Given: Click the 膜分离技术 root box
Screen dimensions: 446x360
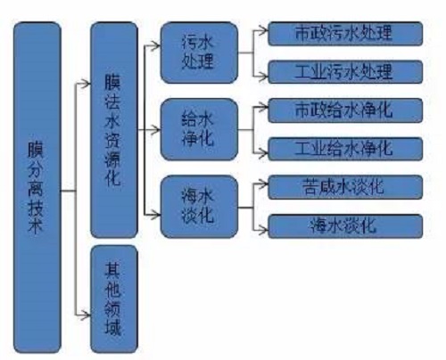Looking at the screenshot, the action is pos(37,188).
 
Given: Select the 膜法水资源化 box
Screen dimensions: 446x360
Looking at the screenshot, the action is pos(114,130).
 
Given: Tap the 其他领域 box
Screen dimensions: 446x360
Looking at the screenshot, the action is pos(114,299).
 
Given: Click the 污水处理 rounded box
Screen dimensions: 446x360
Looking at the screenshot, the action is pos(199,53).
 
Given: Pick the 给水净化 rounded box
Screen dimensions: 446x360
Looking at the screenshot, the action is pos(199,129).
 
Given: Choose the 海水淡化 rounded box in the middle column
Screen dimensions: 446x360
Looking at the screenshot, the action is pos(199,207).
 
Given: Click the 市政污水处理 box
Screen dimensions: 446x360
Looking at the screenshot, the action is pos(345,34).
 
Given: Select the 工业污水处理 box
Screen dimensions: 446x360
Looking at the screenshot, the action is pos(345,72).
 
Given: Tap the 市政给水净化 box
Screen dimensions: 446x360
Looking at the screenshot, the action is pos(345,110).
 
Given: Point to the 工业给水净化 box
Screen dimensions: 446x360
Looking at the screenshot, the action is pos(345,149).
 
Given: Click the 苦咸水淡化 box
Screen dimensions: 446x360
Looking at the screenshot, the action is pos(345,187).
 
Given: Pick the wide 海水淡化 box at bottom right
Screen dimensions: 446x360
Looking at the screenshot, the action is pos(345,226).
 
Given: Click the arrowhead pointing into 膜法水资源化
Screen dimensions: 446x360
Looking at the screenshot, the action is pos(86,84).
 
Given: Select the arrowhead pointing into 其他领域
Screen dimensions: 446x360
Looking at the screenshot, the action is pos(86,315).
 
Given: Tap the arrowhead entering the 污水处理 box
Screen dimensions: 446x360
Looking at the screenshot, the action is pos(156,46).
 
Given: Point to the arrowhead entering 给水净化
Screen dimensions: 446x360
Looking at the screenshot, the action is pos(156,130).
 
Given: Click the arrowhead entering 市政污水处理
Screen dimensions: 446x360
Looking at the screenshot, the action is pos(263,30).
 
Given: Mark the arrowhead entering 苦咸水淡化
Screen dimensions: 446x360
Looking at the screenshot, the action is pos(263,184).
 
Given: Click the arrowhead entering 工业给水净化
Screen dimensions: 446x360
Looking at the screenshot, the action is pos(263,153).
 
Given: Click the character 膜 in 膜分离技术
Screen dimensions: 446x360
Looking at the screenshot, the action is pos(36,150).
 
